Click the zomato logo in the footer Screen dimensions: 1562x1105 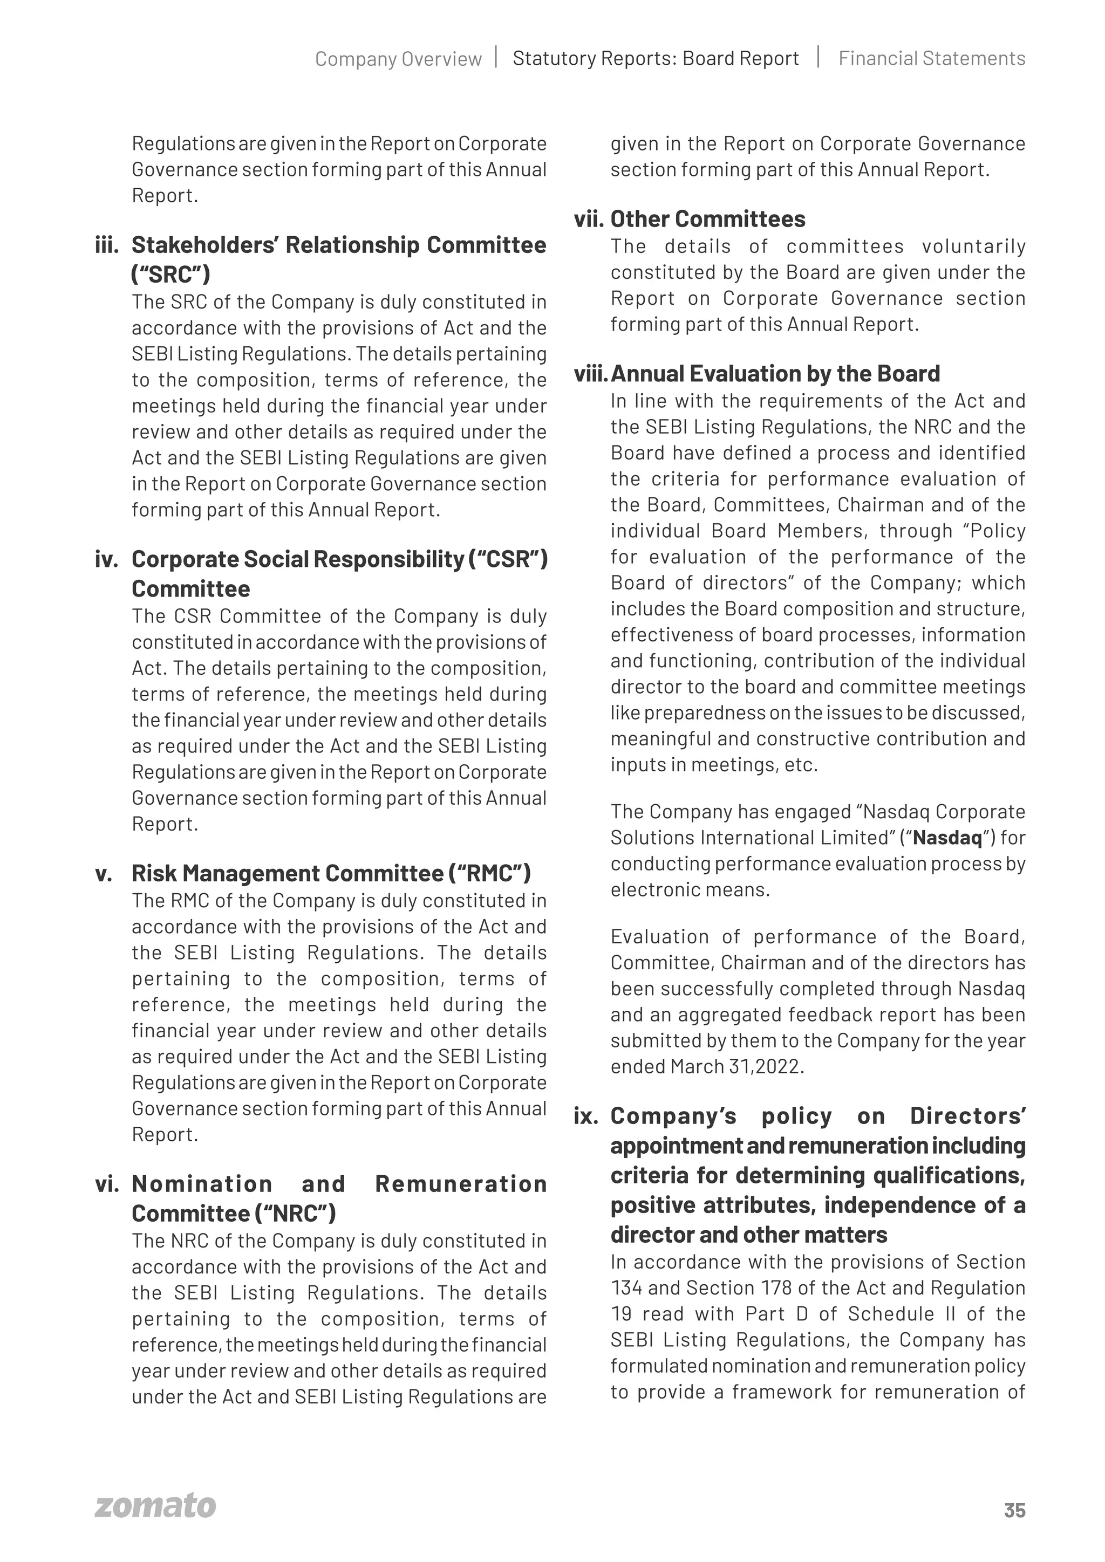click(155, 1505)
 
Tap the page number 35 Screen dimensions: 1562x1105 click(1014, 1510)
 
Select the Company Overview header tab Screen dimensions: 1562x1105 click(398, 59)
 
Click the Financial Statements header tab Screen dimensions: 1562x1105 click(931, 58)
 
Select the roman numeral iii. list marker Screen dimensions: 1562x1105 click(107, 245)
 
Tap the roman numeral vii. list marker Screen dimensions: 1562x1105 click(589, 220)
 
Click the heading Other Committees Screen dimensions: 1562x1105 click(708, 219)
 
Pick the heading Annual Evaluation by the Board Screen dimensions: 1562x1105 click(775, 373)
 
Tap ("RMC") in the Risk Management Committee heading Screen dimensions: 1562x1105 click(489, 874)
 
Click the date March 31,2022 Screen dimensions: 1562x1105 click(737, 1067)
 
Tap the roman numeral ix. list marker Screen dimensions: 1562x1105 click(586, 1116)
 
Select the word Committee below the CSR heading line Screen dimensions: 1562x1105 click(190, 589)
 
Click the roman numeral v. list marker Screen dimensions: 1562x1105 click(104, 874)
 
